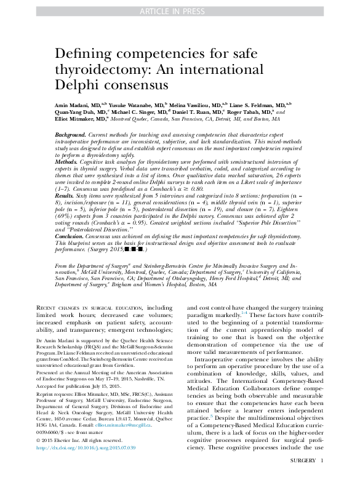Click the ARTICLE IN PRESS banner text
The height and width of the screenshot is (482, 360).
click(x=180, y=10)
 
